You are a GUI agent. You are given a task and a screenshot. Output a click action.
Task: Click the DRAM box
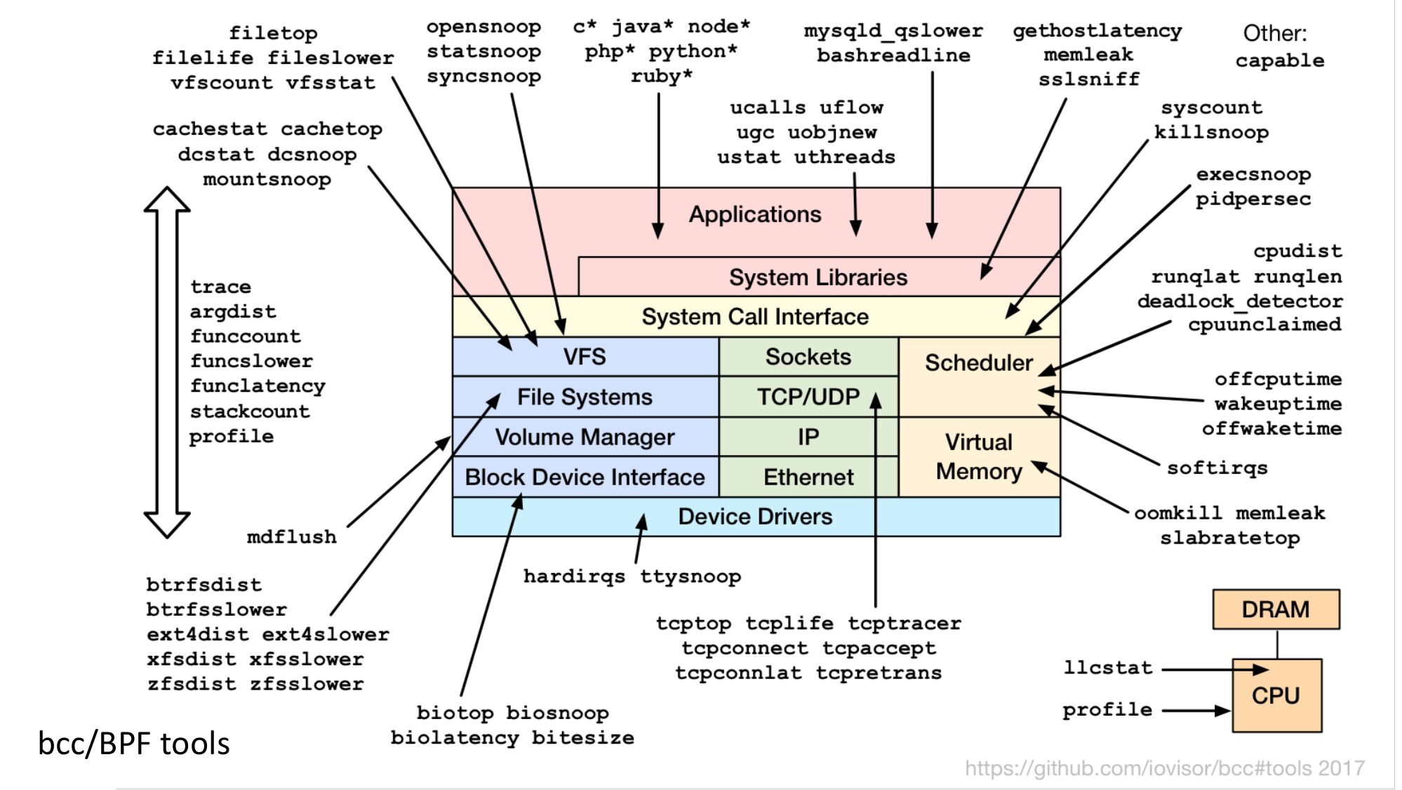point(1275,609)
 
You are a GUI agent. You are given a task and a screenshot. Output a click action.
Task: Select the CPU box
point(1276,695)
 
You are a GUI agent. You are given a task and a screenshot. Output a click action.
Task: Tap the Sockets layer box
point(808,357)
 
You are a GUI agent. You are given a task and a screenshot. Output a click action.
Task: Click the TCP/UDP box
point(808,397)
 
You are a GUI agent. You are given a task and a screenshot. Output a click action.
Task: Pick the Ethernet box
point(808,478)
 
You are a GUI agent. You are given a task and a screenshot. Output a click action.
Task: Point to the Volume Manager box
point(585,437)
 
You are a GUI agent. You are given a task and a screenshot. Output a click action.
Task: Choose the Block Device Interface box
point(585,478)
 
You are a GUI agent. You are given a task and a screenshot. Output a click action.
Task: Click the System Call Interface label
point(755,317)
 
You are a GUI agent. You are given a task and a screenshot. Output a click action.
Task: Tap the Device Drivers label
point(755,517)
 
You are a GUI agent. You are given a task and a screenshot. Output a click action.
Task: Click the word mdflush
point(291,537)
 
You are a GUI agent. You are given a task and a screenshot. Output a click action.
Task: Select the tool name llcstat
point(1107,667)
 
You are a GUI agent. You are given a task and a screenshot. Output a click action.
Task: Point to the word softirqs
point(1217,468)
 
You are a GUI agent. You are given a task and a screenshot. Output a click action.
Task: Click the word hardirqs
point(574,577)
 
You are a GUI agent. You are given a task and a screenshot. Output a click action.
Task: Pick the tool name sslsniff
point(1089,79)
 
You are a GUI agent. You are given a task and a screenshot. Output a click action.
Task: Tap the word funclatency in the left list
point(258,386)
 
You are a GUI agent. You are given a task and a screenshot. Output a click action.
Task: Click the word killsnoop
point(1211,132)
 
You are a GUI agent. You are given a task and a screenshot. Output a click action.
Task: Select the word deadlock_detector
point(1240,301)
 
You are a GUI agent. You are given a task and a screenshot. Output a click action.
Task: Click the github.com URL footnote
point(1164,768)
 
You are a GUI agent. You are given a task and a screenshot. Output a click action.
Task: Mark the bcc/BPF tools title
point(134,744)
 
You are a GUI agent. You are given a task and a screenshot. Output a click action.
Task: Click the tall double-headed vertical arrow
point(167,362)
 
